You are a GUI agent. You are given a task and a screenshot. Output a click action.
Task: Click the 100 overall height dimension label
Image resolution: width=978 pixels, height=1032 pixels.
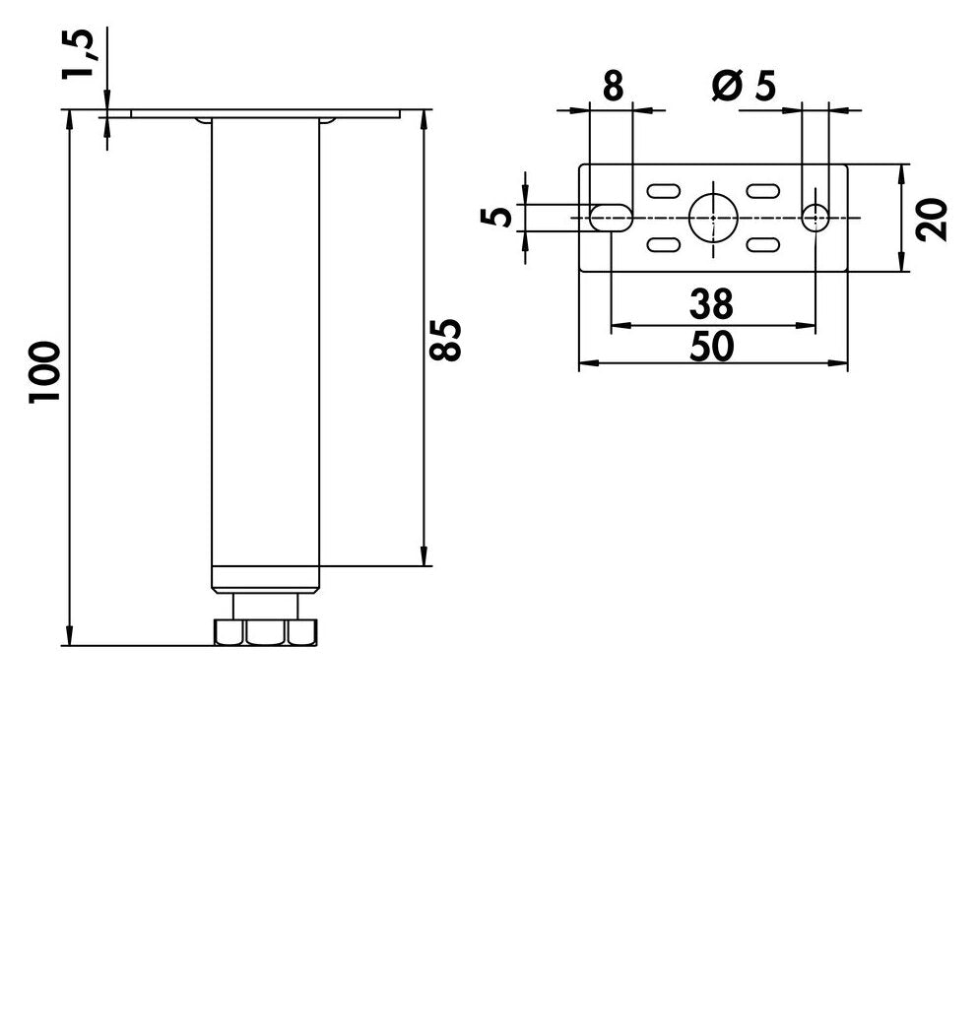pos(44,371)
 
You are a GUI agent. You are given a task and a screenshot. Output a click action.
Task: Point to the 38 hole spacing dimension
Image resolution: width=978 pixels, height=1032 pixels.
pos(711,303)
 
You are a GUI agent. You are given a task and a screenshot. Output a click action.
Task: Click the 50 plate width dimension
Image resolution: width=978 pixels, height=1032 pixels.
pos(711,347)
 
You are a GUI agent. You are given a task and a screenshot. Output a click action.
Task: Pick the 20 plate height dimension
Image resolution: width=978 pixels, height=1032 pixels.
pos(932,220)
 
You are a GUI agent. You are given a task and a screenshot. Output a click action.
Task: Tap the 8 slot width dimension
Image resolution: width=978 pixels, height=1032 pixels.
pos(613,86)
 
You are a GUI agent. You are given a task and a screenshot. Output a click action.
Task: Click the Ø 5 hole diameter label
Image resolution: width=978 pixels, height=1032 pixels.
pos(745,86)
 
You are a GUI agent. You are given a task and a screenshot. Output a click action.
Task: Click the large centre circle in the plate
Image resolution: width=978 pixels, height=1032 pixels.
pos(713,218)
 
